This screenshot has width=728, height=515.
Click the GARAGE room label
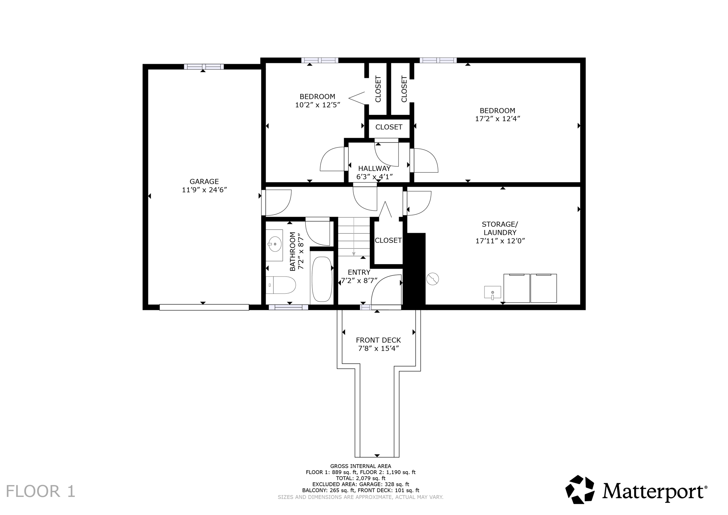204,182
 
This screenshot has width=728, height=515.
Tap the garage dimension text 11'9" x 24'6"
204,190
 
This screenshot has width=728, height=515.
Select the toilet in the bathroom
281,285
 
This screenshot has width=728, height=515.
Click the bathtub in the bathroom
322,279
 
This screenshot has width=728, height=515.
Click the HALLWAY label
374,168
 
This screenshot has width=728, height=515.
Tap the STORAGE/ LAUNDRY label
500,228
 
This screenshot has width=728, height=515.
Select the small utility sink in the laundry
492,293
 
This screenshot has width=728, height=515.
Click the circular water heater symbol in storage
432,279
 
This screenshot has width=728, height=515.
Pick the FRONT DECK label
378,340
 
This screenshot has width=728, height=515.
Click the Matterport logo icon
580,489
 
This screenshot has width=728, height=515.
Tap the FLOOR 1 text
41,491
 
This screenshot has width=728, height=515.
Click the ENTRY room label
359,272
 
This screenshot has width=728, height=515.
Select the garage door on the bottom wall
204,307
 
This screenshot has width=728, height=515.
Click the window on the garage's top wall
204,66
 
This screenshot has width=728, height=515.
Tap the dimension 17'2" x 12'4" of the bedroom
498,119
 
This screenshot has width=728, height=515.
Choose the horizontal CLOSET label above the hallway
389,127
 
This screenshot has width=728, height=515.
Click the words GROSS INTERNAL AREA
360,466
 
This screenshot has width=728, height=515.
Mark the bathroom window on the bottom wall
288,307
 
